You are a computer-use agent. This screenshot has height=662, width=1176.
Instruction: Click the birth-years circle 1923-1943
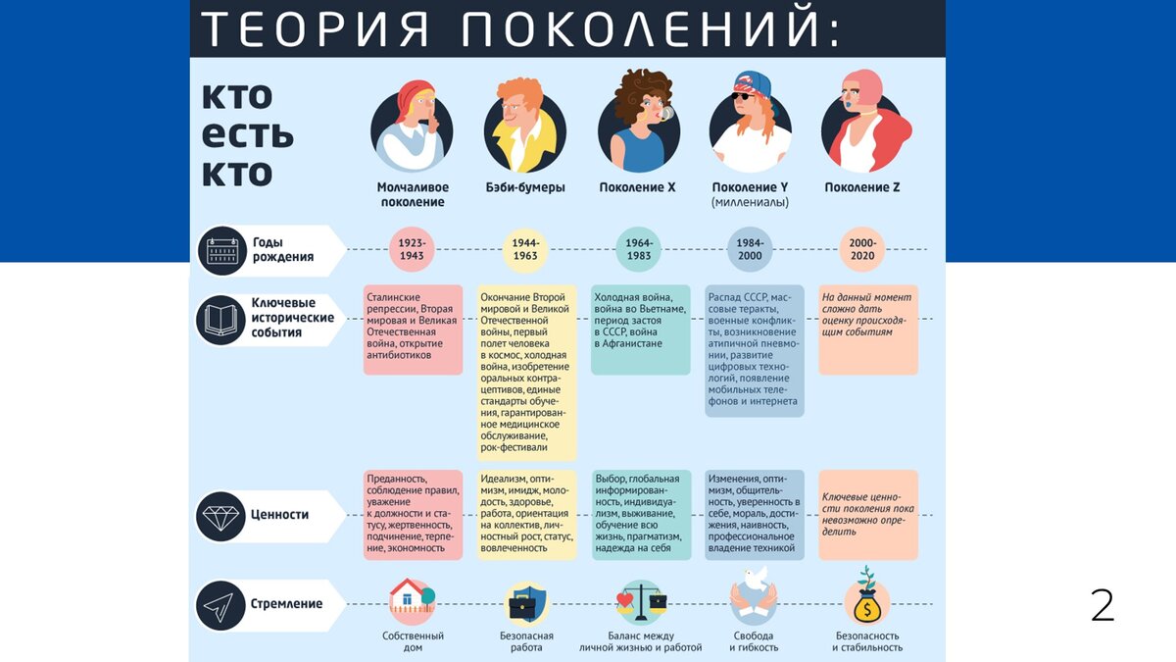pyautogui.click(x=412, y=249)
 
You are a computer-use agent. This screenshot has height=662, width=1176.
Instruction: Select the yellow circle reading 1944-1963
pyautogui.click(x=525, y=249)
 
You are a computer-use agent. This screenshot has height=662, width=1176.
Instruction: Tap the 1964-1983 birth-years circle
pyautogui.click(x=638, y=249)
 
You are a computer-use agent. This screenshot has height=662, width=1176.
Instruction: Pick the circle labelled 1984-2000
pyautogui.click(x=750, y=249)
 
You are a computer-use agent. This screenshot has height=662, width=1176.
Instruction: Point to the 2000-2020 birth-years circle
pyautogui.click(x=862, y=249)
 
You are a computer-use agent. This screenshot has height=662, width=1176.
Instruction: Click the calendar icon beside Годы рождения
pyautogui.click(x=222, y=251)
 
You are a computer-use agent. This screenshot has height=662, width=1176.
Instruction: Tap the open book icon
pyautogui.click(x=221, y=320)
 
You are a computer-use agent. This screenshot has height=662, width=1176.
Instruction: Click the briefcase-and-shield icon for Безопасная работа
pyautogui.click(x=525, y=603)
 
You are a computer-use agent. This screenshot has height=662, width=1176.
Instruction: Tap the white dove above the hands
pyautogui.click(x=757, y=578)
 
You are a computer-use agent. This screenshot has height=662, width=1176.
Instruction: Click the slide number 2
pyautogui.click(x=1102, y=605)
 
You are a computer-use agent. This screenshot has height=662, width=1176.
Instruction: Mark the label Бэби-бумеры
pyautogui.click(x=525, y=187)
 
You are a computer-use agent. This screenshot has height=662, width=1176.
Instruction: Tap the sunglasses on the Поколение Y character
pyautogui.click(x=743, y=96)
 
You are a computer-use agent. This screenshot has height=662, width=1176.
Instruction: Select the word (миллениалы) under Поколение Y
pyautogui.click(x=750, y=202)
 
